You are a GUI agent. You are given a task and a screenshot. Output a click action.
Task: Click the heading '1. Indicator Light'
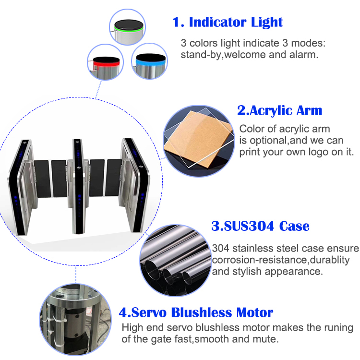pyautogui.click(x=228, y=22)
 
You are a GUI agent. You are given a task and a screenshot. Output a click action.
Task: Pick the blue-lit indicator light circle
pyautogui.click(x=150, y=62)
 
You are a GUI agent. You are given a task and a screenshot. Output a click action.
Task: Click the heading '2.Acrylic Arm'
pyautogui.click(x=279, y=110)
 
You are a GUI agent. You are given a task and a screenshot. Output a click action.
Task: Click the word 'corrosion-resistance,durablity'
pyautogui.click(x=280, y=260)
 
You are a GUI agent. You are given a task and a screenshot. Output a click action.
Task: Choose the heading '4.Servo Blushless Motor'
pyautogui.click(x=196, y=313)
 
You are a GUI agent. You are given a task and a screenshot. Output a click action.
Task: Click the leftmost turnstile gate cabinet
pyautogui.click(x=24, y=187)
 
